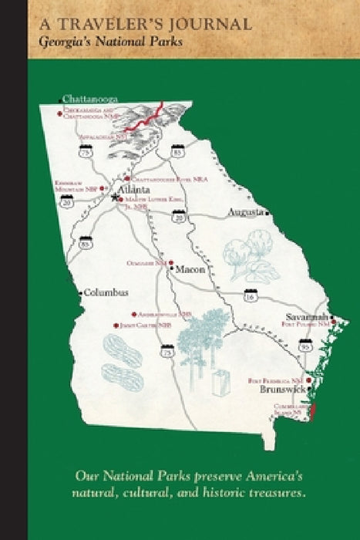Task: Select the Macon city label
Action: [x=190, y=271]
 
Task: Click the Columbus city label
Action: [x=106, y=292]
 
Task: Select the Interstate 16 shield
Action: [x=249, y=295]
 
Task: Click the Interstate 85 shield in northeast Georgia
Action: [x=178, y=151]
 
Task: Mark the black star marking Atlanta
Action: [x=116, y=197]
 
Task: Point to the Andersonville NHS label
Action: [x=164, y=315]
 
